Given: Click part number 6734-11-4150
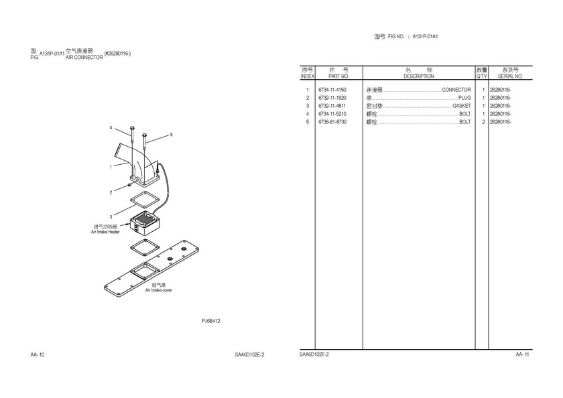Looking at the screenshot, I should tap(332, 90).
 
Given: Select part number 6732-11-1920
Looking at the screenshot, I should tap(332, 98).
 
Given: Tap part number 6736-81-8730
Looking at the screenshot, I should tap(332, 122).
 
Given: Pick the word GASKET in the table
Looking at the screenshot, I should tap(462, 106).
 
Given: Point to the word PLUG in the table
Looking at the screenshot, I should tap(464, 98).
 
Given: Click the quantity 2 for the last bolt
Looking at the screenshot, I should tap(483, 122).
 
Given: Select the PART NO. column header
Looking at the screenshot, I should tap(333, 76).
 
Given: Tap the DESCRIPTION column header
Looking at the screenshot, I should tap(418, 76).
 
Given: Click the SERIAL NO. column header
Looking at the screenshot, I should tap(510, 76).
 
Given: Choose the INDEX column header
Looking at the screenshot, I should tap(307, 76).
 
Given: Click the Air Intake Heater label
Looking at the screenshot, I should tap(105, 232).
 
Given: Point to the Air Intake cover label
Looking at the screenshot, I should tap(159, 290).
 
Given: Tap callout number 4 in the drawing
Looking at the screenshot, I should tap(111, 127).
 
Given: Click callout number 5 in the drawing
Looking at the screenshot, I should tap(171, 135).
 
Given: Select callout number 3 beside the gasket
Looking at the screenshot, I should tap(111, 216).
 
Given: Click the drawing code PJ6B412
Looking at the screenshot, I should tap(211, 321).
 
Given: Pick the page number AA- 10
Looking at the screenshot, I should tap(38, 354).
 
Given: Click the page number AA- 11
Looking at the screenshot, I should tap(523, 354).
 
